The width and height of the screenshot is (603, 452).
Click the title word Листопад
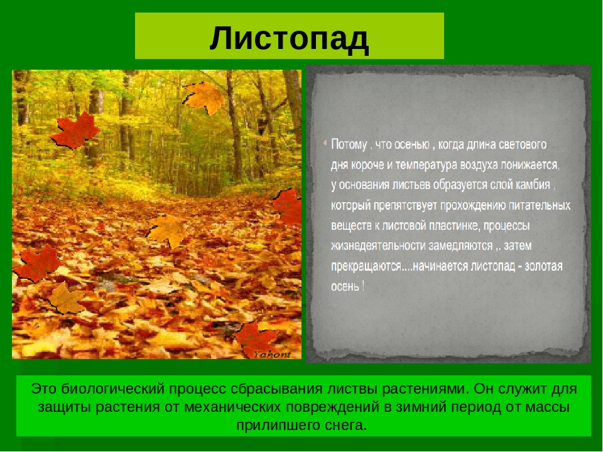coord(289,39)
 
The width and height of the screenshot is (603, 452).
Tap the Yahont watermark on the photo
coord(272,354)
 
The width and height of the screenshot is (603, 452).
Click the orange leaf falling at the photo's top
coord(204,98)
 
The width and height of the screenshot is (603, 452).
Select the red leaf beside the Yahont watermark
coord(256,338)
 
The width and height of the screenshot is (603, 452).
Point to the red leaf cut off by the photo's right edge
coord(287,207)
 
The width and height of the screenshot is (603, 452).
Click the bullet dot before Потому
coord(325,144)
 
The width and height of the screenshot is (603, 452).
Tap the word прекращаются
coord(366,266)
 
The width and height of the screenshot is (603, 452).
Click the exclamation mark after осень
coord(363,286)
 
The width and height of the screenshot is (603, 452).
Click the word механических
coord(233,407)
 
